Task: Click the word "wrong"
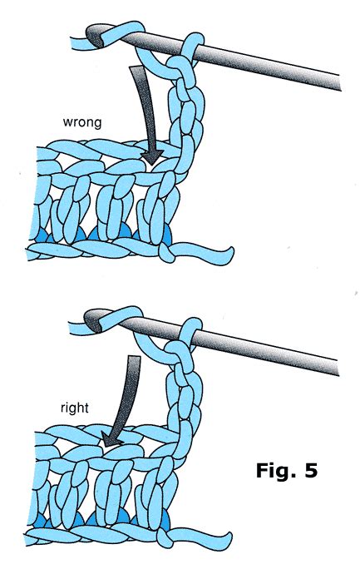tap(82, 122)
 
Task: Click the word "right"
tap(75, 408)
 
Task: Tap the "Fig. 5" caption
tap(287, 470)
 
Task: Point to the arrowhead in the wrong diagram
tap(152, 157)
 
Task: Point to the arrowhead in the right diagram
tap(111, 439)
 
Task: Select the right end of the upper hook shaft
tap(339, 83)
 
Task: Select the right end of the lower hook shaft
tap(338, 368)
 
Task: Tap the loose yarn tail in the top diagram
tap(203, 253)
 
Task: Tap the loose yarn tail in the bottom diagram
tap(201, 539)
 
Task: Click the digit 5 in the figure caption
tap(312, 470)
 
